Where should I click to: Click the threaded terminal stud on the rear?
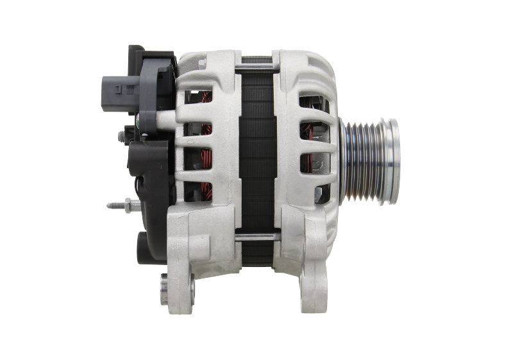pyautogui.click(x=115, y=205)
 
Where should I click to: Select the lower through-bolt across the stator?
pyautogui.click(x=256, y=238)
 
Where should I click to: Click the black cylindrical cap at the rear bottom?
pyautogui.click(x=145, y=244)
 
